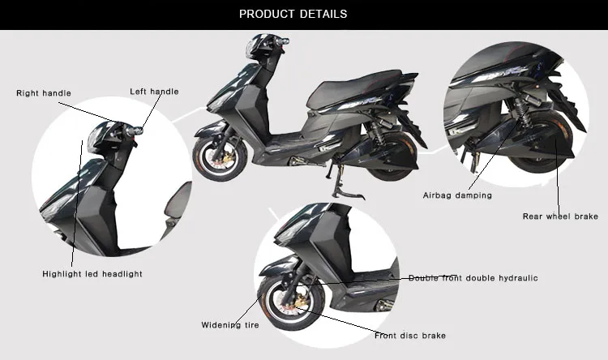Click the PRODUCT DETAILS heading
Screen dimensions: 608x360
pos(293,14)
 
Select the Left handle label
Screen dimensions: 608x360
pos(154,92)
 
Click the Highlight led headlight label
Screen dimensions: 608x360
pos(92,274)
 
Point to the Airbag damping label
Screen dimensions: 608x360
pos(457,195)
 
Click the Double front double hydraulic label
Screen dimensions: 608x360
pos(473,278)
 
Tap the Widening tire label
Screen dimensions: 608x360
pos(230,325)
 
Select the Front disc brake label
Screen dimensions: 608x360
pos(409,336)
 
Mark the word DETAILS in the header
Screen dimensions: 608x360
pos(324,14)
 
